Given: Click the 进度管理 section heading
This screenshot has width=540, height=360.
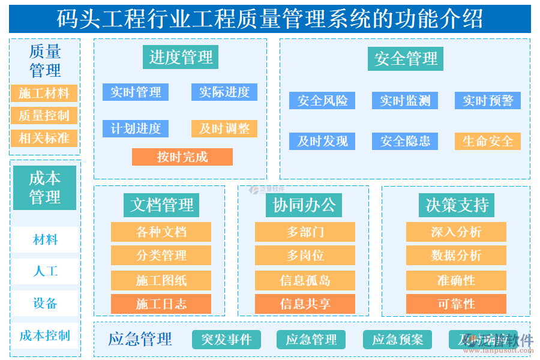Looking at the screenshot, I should (x=181, y=58).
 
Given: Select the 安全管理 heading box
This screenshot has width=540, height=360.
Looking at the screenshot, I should (x=406, y=59).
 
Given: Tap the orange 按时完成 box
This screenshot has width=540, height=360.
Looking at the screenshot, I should (x=182, y=157).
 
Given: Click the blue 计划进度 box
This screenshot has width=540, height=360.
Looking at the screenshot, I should (x=136, y=128).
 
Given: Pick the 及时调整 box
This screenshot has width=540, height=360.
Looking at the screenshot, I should (x=224, y=128).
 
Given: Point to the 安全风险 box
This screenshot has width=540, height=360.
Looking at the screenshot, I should (x=322, y=100).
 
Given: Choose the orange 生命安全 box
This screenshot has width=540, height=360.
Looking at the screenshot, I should (x=488, y=141).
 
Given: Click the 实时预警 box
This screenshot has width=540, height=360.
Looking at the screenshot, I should (x=488, y=100).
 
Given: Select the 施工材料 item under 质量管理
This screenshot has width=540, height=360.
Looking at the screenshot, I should (x=44, y=93).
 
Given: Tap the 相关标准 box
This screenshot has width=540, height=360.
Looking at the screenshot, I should (x=44, y=138).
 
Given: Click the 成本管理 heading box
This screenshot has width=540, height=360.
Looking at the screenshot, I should (x=45, y=188).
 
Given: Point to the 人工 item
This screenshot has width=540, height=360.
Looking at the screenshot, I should (x=45, y=271).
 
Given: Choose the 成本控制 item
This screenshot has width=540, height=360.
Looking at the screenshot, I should (x=45, y=335).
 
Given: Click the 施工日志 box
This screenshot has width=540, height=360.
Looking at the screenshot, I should (x=161, y=304).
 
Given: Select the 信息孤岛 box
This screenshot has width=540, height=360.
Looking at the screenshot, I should (x=305, y=280).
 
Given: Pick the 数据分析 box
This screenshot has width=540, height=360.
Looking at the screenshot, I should (x=456, y=256).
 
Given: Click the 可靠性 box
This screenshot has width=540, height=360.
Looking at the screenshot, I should (x=456, y=304).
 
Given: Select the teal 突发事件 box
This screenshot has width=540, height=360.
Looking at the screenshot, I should (x=226, y=340).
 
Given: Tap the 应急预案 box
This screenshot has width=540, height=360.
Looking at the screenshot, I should (x=397, y=340).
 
